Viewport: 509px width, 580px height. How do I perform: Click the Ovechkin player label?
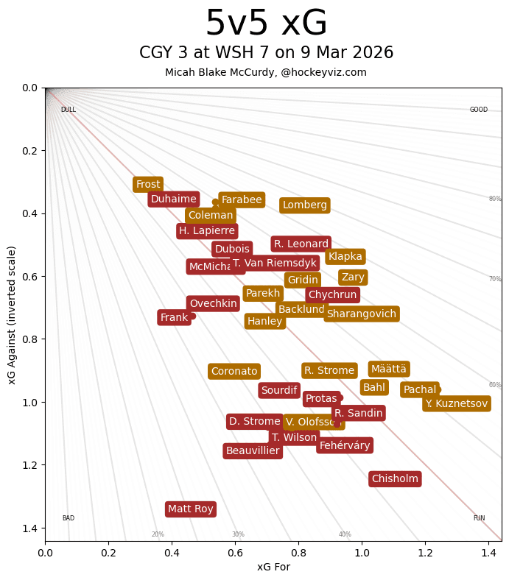[213, 304]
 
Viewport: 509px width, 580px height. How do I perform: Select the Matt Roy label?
[191, 509]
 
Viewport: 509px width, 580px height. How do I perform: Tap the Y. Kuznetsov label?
[456, 403]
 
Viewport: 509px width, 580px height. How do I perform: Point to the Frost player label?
[148, 184]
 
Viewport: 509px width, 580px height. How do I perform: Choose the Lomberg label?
[305, 205]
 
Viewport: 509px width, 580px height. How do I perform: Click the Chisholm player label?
[395, 479]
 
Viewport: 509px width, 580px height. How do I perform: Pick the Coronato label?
[234, 372]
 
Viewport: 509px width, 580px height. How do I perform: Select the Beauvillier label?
[253, 451]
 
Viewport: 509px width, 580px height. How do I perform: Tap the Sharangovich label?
[362, 314]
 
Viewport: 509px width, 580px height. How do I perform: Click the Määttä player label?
[389, 369]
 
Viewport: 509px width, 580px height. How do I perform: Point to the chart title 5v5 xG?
[266, 24]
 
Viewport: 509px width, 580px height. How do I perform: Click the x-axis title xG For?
[273, 567]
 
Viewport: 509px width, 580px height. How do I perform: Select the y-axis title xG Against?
[12, 314]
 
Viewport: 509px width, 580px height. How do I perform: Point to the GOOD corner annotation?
[479, 110]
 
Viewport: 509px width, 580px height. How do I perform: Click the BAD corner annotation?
[69, 518]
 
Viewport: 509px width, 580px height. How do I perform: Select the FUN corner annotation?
[479, 518]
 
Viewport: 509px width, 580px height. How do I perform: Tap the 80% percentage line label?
[495, 199]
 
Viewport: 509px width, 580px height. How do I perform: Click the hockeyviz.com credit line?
[266, 72]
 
